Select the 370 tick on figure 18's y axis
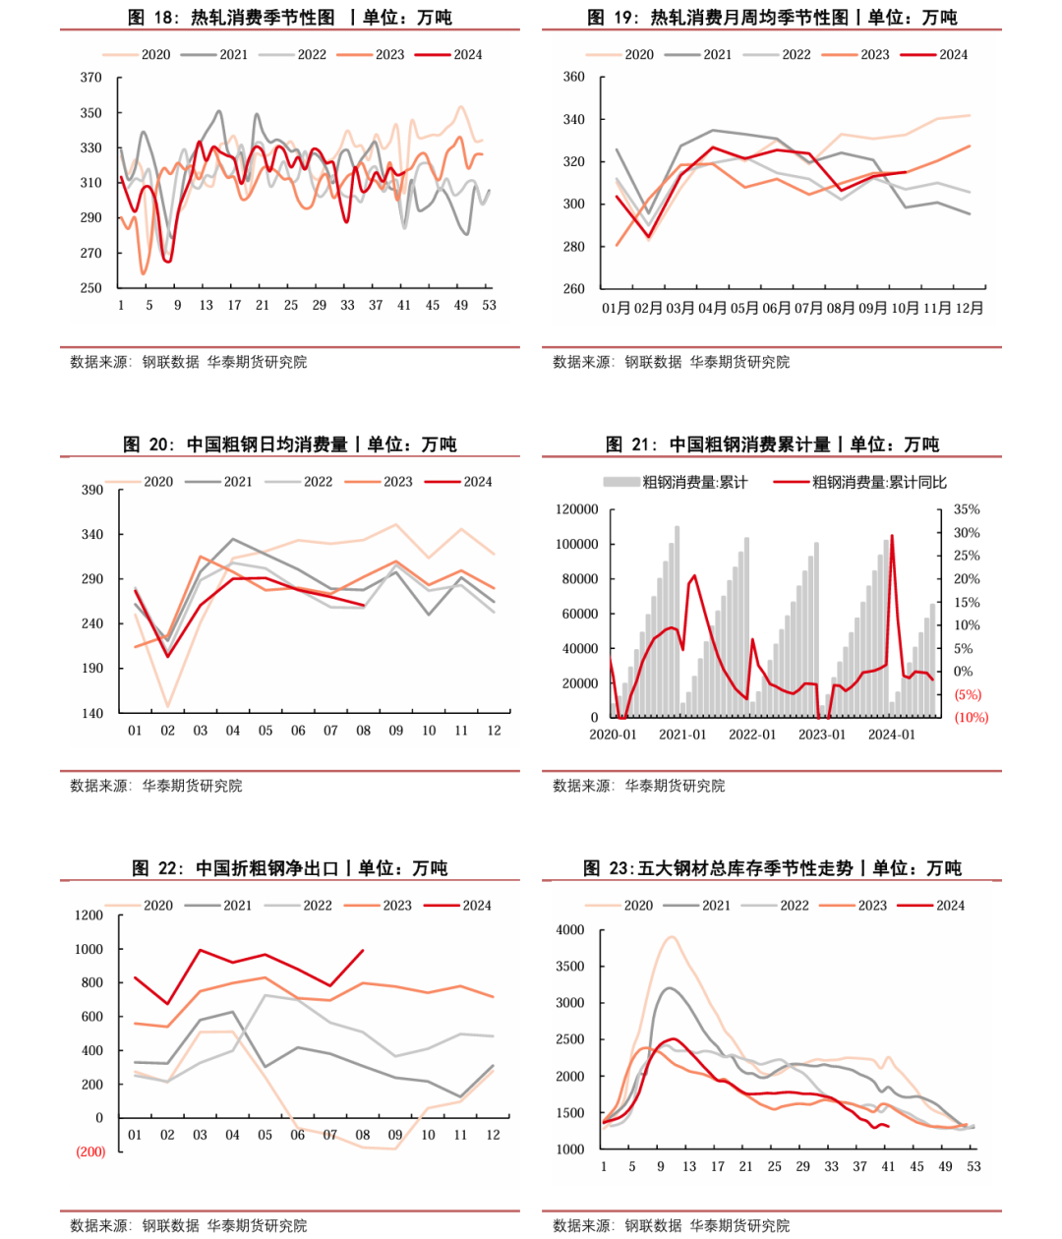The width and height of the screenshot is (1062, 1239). [x=90, y=78]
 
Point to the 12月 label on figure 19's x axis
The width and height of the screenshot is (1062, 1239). [x=969, y=308]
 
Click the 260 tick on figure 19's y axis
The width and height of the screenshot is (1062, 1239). [x=573, y=289]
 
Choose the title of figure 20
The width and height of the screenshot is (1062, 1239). [x=290, y=444]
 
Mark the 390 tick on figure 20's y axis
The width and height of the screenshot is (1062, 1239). [x=91, y=490]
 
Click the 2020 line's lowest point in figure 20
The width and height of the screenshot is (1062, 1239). [x=168, y=706]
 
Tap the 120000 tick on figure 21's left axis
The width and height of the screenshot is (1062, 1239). [x=576, y=509]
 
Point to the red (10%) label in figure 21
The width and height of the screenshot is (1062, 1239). [x=971, y=718]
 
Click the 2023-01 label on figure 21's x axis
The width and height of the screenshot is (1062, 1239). [x=821, y=735]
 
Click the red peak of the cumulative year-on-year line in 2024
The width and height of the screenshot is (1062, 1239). [x=892, y=536]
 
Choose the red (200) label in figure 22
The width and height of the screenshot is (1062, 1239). [x=90, y=1151]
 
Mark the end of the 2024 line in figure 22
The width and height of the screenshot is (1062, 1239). [x=363, y=951]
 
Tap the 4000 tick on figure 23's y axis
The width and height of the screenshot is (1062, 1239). [x=570, y=930]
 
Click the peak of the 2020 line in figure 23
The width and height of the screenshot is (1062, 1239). [x=672, y=937]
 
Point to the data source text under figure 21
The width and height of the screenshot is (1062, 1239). [x=638, y=786]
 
